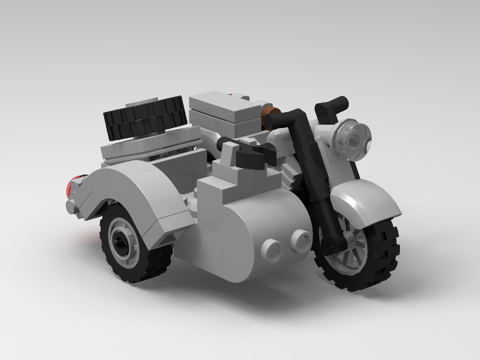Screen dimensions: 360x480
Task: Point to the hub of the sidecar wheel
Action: pos(121,239)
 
